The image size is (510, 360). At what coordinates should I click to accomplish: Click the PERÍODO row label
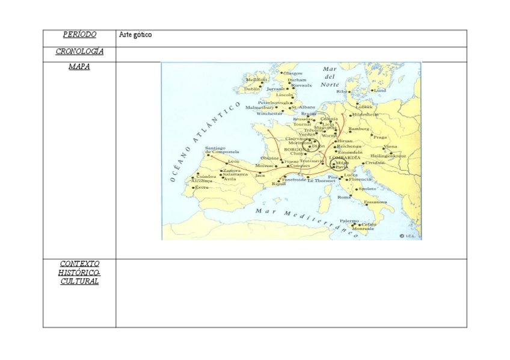[x=79, y=35]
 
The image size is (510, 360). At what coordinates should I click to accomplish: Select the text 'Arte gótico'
[x=135, y=35]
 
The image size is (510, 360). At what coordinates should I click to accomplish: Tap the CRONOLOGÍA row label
[x=79, y=52]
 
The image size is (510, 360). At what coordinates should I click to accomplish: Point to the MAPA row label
[x=79, y=67]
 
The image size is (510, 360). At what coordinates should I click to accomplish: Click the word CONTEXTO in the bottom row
[x=79, y=264]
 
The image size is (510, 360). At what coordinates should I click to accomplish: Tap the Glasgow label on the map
[x=293, y=73]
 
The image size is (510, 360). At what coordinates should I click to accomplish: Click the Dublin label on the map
[x=252, y=89]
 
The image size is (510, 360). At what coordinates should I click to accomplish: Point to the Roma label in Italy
[x=344, y=197]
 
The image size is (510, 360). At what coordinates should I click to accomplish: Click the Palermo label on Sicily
[x=349, y=221]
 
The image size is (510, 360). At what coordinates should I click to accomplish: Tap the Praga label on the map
[x=379, y=137]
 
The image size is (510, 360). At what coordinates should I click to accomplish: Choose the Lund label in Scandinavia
[x=380, y=91]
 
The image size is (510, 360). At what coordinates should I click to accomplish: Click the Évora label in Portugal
[x=201, y=188]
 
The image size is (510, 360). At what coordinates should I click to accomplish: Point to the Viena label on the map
[x=390, y=147]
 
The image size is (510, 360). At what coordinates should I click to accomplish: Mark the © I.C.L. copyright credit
[x=409, y=236]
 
